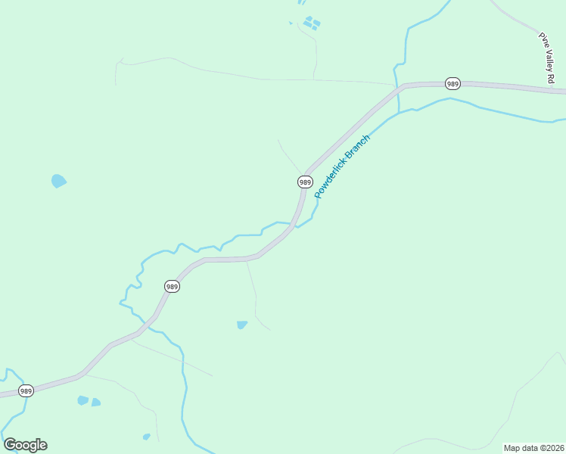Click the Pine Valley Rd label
[x=546, y=58]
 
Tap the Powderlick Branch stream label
[x=343, y=166]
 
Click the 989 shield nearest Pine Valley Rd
[x=452, y=83]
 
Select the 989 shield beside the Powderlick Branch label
[x=305, y=182]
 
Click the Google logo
[x=25, y=445]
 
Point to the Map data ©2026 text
[x=533, y=448]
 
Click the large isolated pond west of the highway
[x=58, y=181]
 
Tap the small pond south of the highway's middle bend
[x=241, y=325]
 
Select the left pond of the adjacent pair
[x=82, y=400]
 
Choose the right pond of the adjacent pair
[x=96, y=402]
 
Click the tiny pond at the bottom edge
[x=146, y=437]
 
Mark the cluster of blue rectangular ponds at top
[x=311, y=23]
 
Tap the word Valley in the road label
[x=547, y=60]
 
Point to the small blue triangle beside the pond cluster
[x=291, y=23]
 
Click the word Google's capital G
[x=10, y=445]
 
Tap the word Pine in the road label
[x=542, y=38]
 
